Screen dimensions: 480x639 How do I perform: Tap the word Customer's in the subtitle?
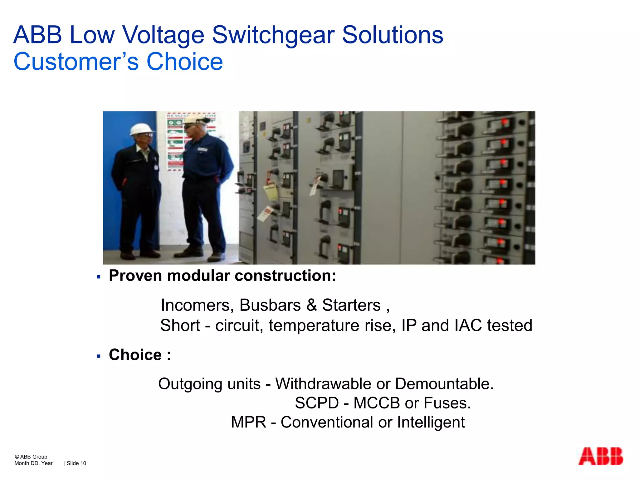coord(76,62)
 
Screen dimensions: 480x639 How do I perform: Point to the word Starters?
coord(351,305)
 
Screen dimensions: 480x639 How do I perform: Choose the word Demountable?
coord(444,384)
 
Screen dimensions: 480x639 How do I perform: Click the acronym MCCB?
coord(377,403)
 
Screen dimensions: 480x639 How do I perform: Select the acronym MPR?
coord(249,422)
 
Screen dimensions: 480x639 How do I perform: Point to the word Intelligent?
coord(431,422)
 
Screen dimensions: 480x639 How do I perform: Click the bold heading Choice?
coord(135,355)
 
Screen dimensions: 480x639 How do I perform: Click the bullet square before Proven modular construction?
coord(99,277)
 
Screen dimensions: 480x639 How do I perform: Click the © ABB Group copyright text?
coord(31,457)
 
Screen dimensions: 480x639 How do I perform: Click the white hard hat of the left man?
coord(142,129)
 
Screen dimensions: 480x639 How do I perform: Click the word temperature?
coord(314,325)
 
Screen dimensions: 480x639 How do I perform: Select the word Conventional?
coord(327,422)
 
